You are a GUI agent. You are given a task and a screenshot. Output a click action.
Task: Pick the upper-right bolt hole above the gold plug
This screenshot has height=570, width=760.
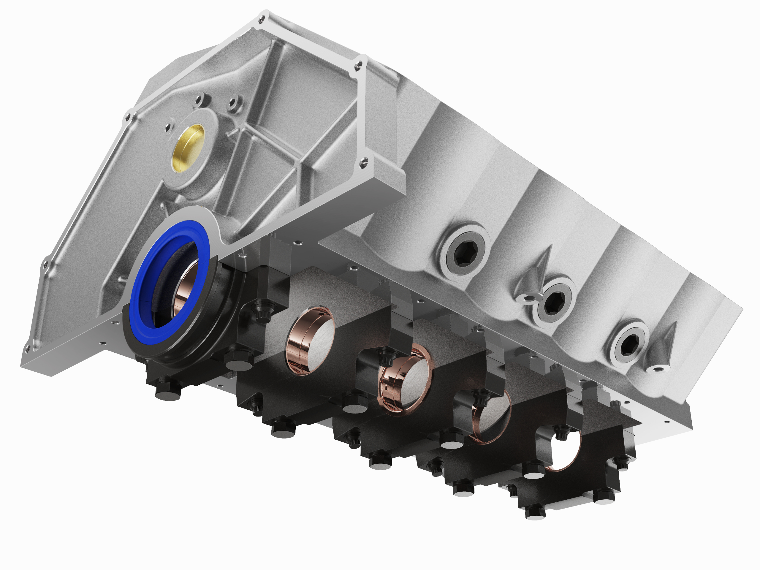(x=233, y=102)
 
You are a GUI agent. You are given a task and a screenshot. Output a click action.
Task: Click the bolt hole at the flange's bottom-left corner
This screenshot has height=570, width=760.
(x=28, y=349)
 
